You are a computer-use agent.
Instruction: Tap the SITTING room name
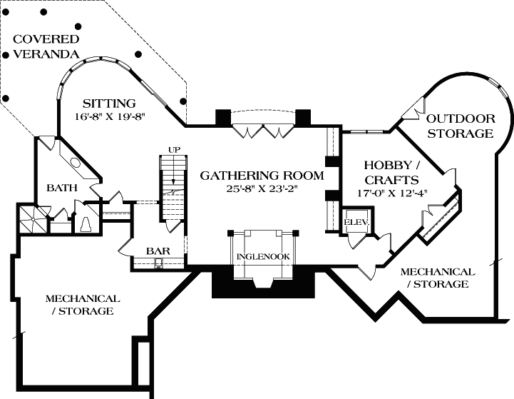pyautogui.click(x=108, y=102)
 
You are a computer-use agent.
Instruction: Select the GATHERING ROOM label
pyautogui.click(x=262, y=175)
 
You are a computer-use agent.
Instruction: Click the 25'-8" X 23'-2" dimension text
pyautogui.click(x=262, y=188)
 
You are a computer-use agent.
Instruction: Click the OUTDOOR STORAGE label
pyautogui.click(x=461, y=126)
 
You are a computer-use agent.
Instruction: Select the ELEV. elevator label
pyautogui.click(x=354, y=222)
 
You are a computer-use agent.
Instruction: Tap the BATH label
pyautogui.click(x=61, y=188)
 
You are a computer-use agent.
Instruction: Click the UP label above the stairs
pyautogui.click(x=173, y=149)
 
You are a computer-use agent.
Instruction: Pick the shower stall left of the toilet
pyautogui.click(x=31, y=217)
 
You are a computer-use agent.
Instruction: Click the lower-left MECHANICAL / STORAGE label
pyautogui.click(x=83, y=305)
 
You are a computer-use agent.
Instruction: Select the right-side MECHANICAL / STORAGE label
pyautogui.click(x=438, y=278)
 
